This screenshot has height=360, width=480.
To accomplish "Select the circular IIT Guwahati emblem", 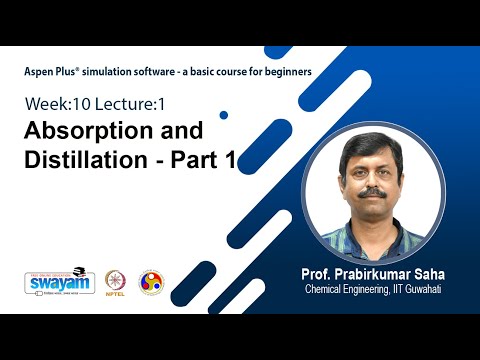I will pyautogui.click(x=151, y=282).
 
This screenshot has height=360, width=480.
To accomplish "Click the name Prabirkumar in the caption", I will pyautogui.click(x=380, y=274).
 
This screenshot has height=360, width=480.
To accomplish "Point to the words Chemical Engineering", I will pyautogui.click(x=350, y=290).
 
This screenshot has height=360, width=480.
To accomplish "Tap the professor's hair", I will pyautogui.click(x=373, y=143).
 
